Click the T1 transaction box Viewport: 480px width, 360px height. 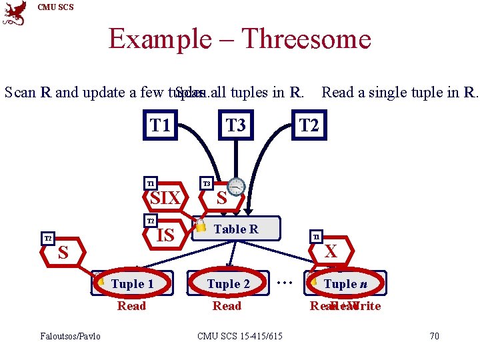(160, 125)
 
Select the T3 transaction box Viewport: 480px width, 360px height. (235, 125)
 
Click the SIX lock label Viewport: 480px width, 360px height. (165, 198)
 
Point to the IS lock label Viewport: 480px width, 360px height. (165, 235)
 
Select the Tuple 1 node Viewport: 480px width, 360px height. (133, 284)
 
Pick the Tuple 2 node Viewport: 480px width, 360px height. (228, 284)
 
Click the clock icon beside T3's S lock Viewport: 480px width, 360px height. (237, 187)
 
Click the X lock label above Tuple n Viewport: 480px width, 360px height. (330, 251)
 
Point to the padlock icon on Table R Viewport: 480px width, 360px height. (201, 225)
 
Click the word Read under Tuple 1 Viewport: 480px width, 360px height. (131, 306)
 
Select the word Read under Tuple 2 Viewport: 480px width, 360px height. (227, 306)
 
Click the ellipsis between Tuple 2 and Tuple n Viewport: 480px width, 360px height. (285, 283)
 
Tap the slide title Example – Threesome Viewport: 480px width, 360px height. (239, 39)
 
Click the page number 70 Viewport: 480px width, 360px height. (434, 336)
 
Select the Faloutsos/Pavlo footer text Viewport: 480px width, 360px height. (70, 336)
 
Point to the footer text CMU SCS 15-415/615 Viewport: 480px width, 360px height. (239, 336)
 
